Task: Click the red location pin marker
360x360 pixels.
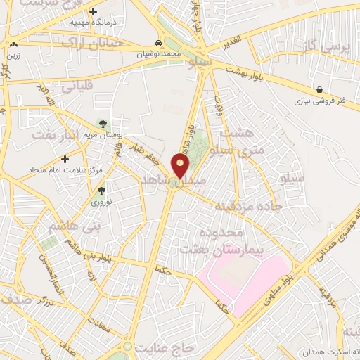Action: click(181, 165)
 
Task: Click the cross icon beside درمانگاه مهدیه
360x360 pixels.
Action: click(93, 11)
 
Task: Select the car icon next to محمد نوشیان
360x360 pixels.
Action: click(161, 42)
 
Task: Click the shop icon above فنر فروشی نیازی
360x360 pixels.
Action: click(320, 89)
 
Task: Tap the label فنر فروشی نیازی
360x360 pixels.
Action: click(321, 101)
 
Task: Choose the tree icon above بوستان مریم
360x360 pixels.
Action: click(103, 124)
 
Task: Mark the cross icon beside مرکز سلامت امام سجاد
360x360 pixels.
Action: click(65, 159)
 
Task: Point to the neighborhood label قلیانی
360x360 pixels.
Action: click(77, 89)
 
